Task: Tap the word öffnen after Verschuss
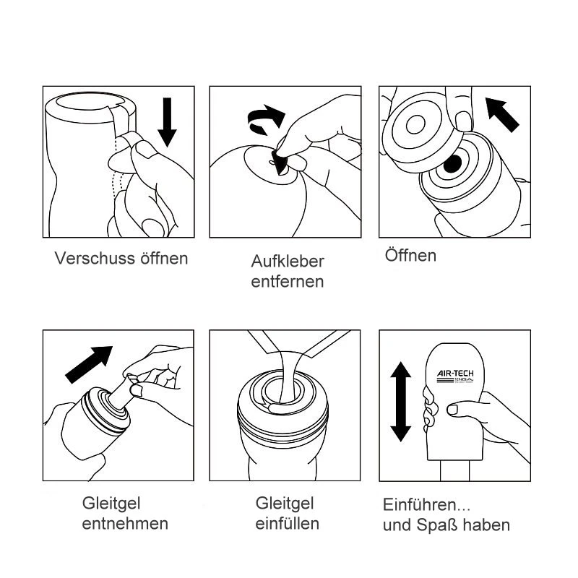[164, 258]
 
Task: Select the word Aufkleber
[288, 262]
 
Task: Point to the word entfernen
[288, 282]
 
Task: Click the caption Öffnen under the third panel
[410, 255]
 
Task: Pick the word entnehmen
[125, 523]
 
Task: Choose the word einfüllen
[287, 523]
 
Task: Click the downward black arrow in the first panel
[167, 122]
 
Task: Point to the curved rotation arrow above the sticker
[266, 118]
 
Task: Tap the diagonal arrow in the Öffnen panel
[502, 114]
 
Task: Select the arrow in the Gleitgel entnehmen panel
[89, 365]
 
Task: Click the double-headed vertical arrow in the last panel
[401, 402]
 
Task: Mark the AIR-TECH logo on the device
[455, 376]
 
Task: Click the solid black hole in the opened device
[452, 164]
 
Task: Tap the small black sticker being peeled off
[279, 162]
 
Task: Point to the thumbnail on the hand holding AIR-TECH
[453, 409]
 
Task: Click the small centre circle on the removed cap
[415, 124]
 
